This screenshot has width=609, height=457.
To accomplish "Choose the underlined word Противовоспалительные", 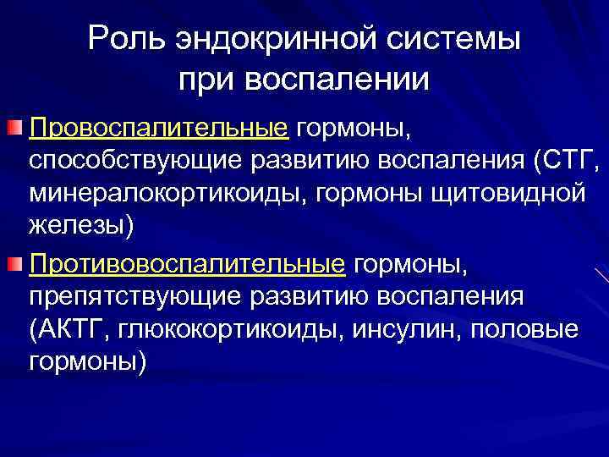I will click(187, 265).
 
